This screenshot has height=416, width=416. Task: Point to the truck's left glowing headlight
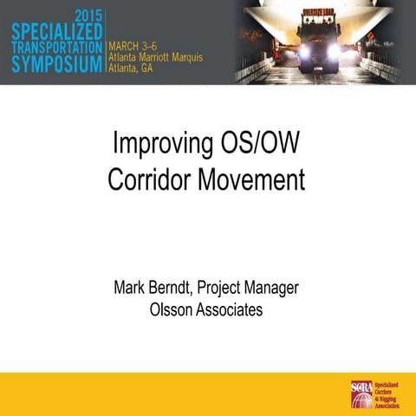point(303,51)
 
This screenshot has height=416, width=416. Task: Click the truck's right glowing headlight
point(334,51)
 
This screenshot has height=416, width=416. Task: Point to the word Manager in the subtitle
point(272,287)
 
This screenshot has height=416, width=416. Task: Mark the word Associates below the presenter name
point(229,309)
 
